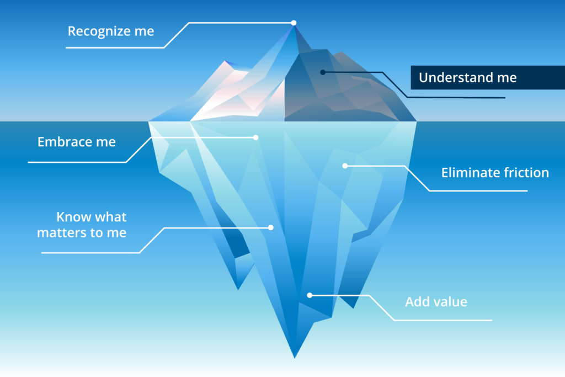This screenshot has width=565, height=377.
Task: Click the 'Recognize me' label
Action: [x=111, y=31]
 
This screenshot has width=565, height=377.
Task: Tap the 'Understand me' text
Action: [x=468, y=77]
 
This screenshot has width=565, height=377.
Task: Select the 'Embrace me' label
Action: [x=76, y=142]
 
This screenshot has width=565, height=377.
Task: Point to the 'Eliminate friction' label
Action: [x=495, y=173]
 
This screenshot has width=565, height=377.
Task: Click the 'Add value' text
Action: [x=436, y=302]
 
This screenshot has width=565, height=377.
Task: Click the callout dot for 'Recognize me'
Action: [x=294, y=23]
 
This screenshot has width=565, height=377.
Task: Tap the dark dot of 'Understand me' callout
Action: [x=323, y=72]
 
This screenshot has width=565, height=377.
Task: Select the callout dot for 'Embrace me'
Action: [x=255, y=137]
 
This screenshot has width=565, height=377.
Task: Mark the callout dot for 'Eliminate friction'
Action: [x=345, y=166]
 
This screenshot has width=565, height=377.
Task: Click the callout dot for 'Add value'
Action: [x=310, y=295]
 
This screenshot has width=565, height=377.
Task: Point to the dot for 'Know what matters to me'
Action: [x=270, y=227]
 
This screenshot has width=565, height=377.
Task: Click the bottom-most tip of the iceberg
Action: [x=295, y=358]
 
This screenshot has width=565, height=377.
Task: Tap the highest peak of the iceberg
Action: [x=294, y=24]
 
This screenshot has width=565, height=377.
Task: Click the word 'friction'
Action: [x=526, y=173]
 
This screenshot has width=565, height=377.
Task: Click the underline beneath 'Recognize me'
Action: [x=115, y=47]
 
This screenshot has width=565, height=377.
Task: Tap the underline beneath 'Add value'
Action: [x=443, y=320]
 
